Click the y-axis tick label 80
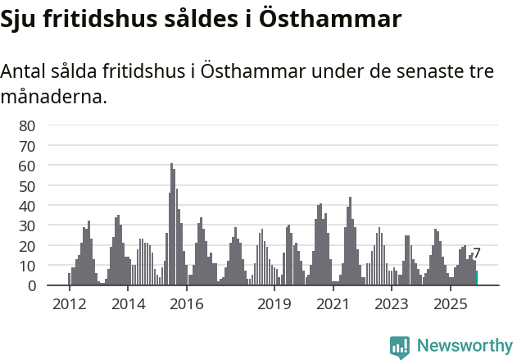pyautogui.click(x=27, y=125)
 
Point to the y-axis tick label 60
pyautogui.click(x=27, y=166)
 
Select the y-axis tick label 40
pyautogui.click(x=27, y=206)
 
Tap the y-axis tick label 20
pyautogui.click(x=27, y=246)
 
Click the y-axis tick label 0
pyautogui.click(x=31, y=285)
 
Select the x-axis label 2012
pyautogui.click(x=69, y=304)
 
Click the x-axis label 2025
pyautogui.click(x=450, y=304)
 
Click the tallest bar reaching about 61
pyautogui.click(x=171, y=226)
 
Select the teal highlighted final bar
pyautogui.click(x=476, y=278)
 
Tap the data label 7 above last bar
pyautogui.click(x=477, y=254)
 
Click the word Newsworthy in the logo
pyautogui.click(x=465, y=345)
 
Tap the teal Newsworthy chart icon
pyautogui.click(x=400, y=347)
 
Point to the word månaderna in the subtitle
pyautogui.click(x=54, y=98)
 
